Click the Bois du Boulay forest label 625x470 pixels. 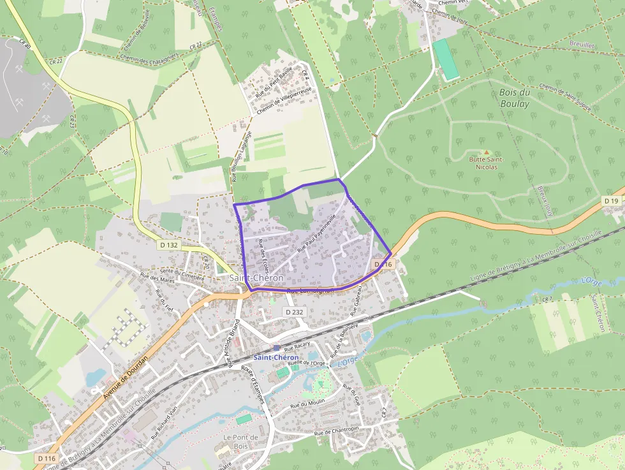514,98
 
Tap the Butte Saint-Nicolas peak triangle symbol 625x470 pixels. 487,152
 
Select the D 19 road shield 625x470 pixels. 611,201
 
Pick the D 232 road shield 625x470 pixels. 293,312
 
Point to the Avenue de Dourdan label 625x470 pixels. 125,378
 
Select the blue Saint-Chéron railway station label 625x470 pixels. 276,357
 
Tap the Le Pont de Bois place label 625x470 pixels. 240,441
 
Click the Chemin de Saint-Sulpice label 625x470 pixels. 565,96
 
